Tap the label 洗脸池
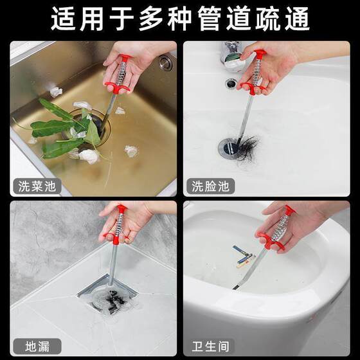click(x=210, y=187)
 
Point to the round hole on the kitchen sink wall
click(x=166, y=63)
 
